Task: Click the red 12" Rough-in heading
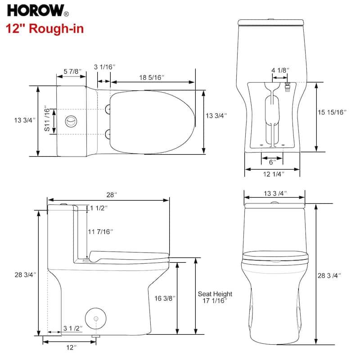click(x=45, y=29)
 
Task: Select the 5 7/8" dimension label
click(x=71, y=71)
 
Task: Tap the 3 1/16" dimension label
click(x=104, y=67)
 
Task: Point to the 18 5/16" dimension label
click(x=151, y=77)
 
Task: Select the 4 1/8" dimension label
click(x=280, y=70)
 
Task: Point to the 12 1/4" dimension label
click(x=272, y=175)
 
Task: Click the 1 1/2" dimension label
click(x=99, y=207)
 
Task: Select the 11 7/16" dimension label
click(x=100, y=232)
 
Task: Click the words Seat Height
click(x=215, y=294)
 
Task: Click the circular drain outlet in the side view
click(x=96, y=318)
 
